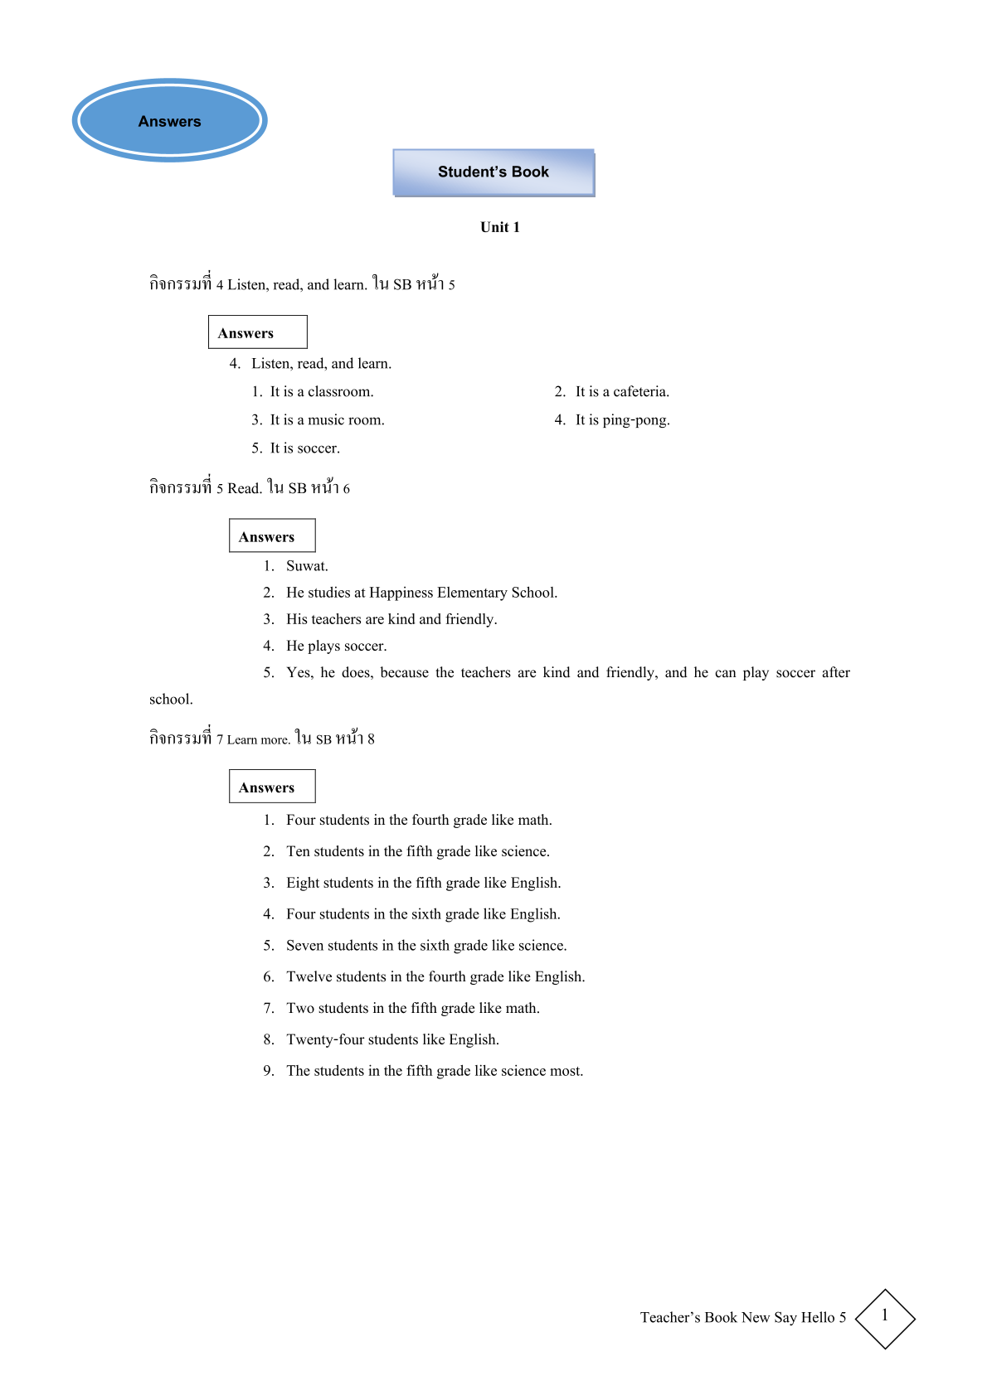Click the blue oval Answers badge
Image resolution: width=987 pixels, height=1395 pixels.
tap(170, 121)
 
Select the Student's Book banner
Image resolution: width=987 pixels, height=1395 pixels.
tap(494, 172)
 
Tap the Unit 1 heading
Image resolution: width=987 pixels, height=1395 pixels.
tap(500, 227)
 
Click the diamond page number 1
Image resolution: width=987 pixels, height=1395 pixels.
tap(885, 1317)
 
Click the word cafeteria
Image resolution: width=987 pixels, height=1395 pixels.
tap(640, 392)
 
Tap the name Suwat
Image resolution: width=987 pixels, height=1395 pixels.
tap(307, 566)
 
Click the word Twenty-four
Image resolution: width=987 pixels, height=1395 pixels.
tap(326, 1040)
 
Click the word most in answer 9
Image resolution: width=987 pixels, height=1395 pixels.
tap(566, 1072)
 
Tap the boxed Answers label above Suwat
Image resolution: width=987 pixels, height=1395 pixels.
tap(267, 537)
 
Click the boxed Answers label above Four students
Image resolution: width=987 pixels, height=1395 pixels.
tap(267, 788)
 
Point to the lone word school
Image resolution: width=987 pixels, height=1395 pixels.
tap(171, 700)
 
